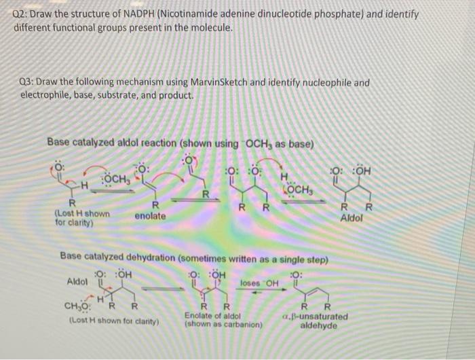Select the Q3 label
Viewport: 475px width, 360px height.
[26, 83]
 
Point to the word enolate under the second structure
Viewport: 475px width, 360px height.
[150, 215]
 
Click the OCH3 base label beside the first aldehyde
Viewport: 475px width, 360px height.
[116, 179]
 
